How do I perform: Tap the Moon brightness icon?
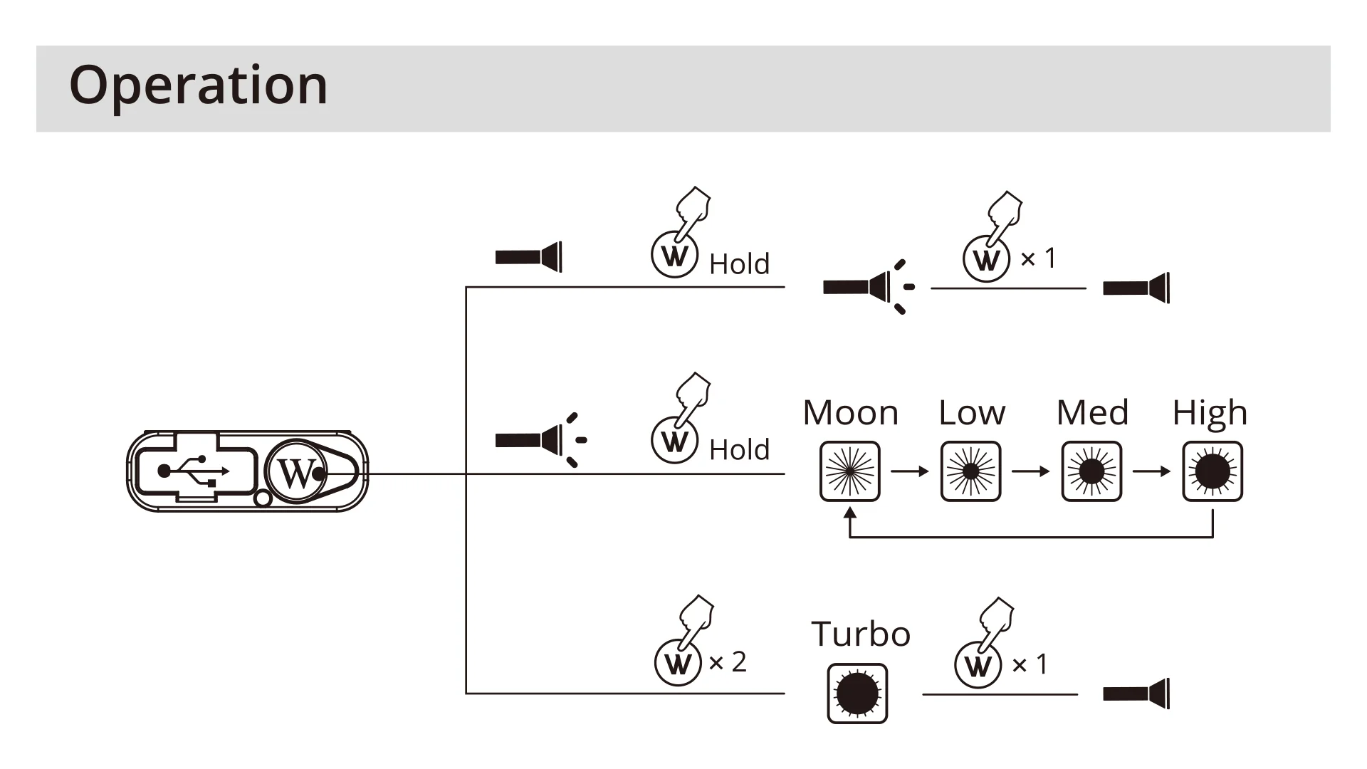pyautogui.click(x=849, y=471)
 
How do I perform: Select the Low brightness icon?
pyautogui.click(x=970, y=471)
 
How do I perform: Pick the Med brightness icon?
pyautogui.click(x=1091, y=471)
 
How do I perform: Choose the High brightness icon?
pyautogui.click(x=1213, y=471)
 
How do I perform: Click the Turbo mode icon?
pyautogui.click(x=857, y=694)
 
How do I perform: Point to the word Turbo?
pyautogui.click(x=861, y=634)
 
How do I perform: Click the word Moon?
pyautogui.click(x=851, y=413)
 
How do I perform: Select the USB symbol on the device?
pyautogui.click(x=193, y=471)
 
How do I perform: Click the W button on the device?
pyautogui.click(x=296, y=471)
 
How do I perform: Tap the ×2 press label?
pyautogui.click(x=728, y=662)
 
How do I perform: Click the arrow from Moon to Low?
pyautogui.click(x=910, y=471)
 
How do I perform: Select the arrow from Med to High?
pyautogui.click(x=1152, y=471)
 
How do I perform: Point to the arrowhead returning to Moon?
pyautogui.click(x=849, y=513)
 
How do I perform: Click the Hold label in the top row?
pyautogui.click(x=739, y=264)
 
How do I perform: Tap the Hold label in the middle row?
pyautogui.click(x=739, y=450)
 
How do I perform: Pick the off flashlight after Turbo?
pyautogui.click(x=1136, y=694)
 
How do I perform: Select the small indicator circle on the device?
pyautogui.click(x=262, y=498)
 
